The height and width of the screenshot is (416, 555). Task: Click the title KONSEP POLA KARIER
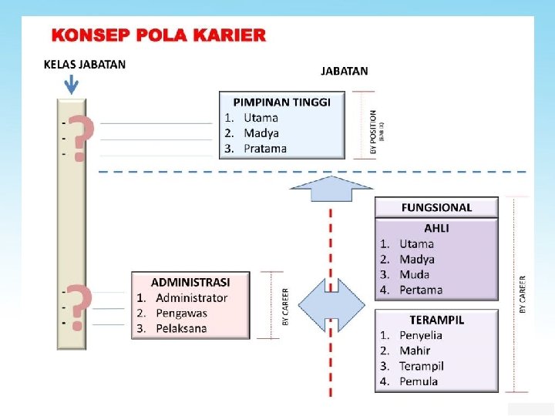(x=158, y=35)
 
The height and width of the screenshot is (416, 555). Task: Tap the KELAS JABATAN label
(x=84, y=64)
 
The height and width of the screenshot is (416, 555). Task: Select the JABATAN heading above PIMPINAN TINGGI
(x=344, y=71)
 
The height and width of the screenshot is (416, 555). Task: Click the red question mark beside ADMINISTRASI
(x=79, y=307)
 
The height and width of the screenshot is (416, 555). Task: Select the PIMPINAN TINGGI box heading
(x=282, y=102)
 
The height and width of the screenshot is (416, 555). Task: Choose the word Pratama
(x=265, y=149)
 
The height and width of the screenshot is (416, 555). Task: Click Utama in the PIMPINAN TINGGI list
(x=261, y=118)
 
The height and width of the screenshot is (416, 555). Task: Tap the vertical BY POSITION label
(x=374, y=131)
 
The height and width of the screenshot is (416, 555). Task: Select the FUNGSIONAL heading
(x=436, y=207)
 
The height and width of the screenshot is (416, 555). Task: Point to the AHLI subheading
(x=436, y=228)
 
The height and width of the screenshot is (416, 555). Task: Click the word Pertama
(x=421, y=290)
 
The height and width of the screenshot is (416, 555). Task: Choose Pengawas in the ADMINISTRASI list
(x=182, y=313)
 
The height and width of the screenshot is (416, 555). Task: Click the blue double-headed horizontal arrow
(x=331, y=306)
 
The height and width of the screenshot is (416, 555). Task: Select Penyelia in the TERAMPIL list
(x=421, y=335)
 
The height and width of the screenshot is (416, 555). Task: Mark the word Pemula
(x=419, y=381)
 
